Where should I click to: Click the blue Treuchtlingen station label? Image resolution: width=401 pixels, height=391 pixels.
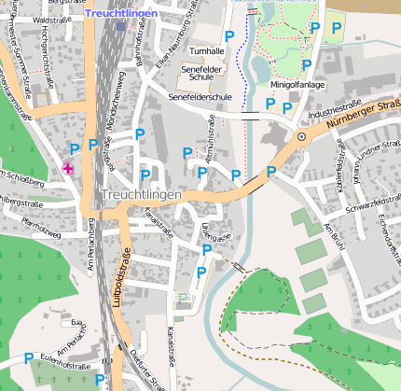point(123,14)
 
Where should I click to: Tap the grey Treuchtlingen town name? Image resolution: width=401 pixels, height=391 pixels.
point(140,193)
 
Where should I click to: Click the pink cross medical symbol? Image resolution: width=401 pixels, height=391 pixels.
point(68,168)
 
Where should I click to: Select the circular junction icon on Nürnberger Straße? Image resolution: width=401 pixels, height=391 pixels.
point(301,137)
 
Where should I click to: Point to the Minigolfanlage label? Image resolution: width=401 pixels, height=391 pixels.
point(296,84)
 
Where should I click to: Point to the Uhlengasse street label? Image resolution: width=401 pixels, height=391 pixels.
point(214,232)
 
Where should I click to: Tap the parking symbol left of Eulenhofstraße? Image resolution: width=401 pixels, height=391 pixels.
point(29,357)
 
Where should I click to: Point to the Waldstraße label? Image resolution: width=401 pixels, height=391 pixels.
point(51,19)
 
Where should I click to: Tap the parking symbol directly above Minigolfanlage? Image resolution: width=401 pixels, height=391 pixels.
point(306,64)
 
